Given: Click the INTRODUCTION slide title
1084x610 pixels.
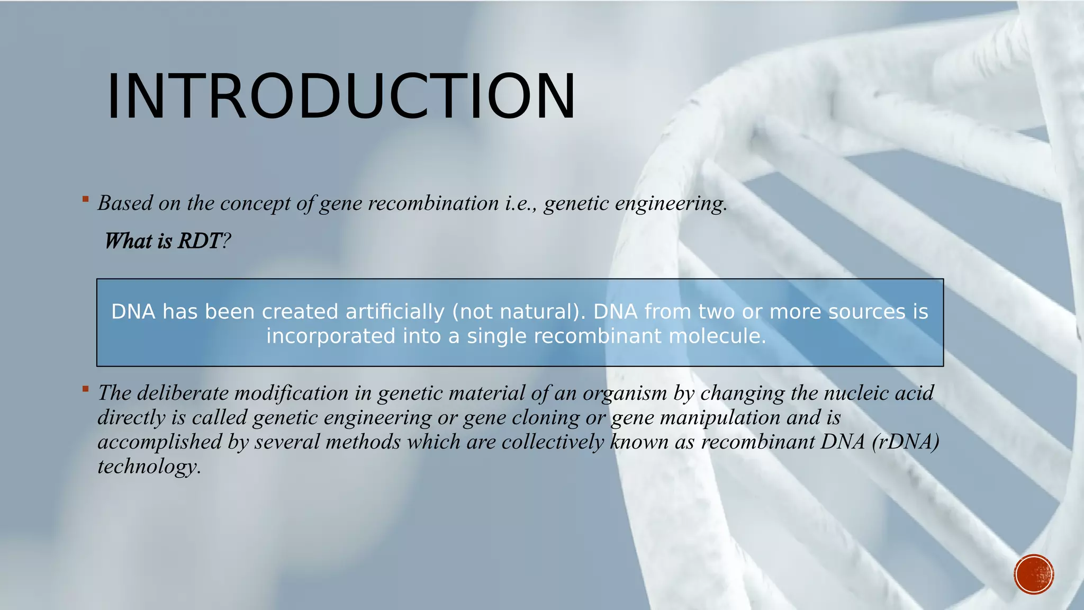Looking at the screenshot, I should coord(341,96).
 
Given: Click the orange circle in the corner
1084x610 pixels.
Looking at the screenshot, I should coord(1034,575).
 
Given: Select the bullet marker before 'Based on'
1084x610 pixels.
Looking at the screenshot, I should coord(86,199).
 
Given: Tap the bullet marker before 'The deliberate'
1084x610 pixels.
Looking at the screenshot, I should coord(86,389).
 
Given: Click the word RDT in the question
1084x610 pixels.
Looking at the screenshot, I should coord(200,241).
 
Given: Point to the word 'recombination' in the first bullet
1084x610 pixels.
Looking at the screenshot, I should coord(433,203).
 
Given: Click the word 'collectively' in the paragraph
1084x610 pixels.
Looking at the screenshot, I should coord(552,442).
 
